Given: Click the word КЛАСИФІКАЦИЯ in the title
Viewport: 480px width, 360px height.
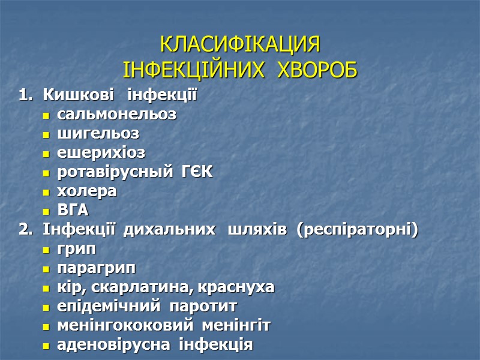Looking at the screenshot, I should point(240,46).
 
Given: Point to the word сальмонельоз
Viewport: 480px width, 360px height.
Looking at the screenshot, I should point(116,114).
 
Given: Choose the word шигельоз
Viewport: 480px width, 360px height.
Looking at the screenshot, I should point(98,133).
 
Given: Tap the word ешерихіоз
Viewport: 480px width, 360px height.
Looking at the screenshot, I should point(101,152).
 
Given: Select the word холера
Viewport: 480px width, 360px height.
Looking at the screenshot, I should point(87,191).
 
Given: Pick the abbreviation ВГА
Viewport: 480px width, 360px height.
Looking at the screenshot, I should point(72,210).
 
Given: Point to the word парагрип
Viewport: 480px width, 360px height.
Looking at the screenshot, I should point(96,268).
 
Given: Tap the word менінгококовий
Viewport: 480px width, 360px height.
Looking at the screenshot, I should point(124,325).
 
